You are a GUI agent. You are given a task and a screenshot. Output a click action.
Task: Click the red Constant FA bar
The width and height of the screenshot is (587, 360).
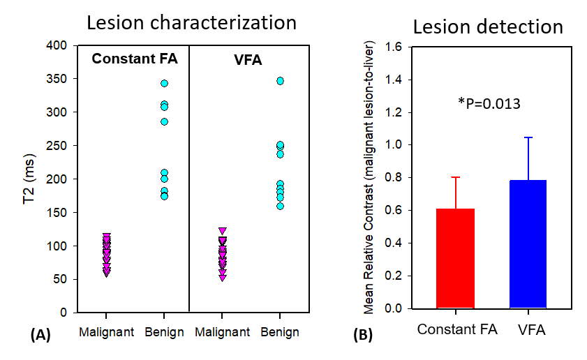pyautogui.click(x=455, y=258)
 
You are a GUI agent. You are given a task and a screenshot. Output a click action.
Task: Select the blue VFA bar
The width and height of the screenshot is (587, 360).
pyautogui.click(x=528, y=244)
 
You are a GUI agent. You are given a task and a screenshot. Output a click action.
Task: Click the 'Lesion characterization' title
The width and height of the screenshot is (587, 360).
pyautogui.click(x=191, y=22)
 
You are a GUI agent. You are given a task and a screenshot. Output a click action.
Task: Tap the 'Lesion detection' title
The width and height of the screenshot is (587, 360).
pyautogui.click(x=488, y=27)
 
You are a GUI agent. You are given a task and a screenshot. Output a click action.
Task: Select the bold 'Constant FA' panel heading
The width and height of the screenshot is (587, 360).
pyautogui.click(x=135, y=60)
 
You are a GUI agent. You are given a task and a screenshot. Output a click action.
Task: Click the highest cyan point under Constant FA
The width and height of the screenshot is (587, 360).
pyautogui.click(x=164, y=83)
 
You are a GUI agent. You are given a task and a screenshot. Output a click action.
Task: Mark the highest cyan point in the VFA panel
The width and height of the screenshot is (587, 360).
pyautogui.click(x=280, y=81)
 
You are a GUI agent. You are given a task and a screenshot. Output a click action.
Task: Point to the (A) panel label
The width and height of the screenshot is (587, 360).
pyautogui.click(x=40, y=335)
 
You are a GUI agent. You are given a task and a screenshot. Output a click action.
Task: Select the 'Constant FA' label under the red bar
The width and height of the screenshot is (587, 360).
pyautogui.click(x=456, y=329)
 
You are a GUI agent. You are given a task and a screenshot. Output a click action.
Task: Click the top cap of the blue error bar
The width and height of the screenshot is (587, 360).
pyautogui.click(x=528, y=137)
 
